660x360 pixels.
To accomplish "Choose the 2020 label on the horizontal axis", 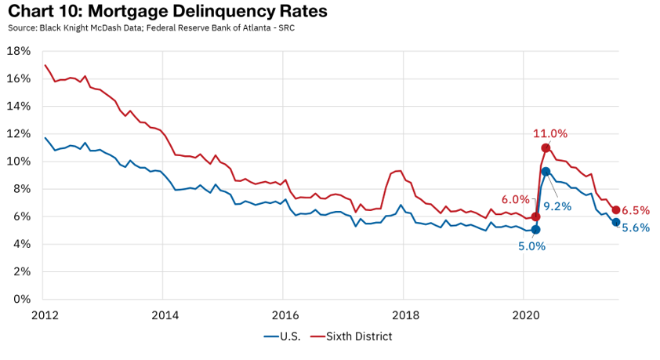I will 524,315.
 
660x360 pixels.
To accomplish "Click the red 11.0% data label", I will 550,133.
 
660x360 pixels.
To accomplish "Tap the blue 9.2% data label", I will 557,206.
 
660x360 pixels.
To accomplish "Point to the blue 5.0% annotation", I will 531,245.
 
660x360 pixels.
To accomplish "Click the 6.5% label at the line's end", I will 636,210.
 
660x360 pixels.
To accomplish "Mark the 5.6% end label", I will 636,227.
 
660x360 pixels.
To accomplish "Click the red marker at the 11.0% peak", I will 546,148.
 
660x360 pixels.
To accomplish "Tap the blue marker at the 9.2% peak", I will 546,172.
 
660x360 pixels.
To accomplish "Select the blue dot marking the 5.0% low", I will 535,230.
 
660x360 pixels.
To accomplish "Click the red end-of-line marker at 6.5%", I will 616,210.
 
